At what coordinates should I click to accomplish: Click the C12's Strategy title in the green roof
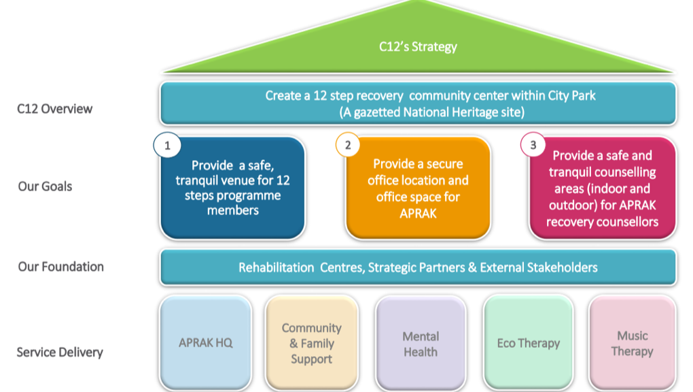pyautogui.click(x=418, y=47)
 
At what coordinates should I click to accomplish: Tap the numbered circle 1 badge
pyautogui.click(x=167, y=145)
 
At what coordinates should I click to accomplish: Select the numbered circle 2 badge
pyautogui.click(x=348, y=145)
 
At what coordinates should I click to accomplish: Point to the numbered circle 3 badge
pyautogui.click(x=533, y=145)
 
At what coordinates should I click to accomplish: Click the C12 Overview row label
pyautogui.click(x=55, y=109)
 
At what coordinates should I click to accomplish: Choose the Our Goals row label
pyautogui.click(x=45, y=186)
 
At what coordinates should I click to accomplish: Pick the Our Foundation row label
pyautogui.click(x=61, y=267)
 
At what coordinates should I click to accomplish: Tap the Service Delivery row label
pyautogui.click(x=60, y=353)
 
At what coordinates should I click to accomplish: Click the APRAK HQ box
pyautogui.click(x=205, y=342)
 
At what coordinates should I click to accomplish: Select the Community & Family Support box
pyautogui.click(x=311, y=343)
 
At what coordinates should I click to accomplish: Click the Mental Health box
pyautogui.click(x=421, y=344)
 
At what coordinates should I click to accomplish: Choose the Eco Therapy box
pyautogui.click(x=528, y=343)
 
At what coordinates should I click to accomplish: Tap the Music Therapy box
pyautogui.click(x=632, y=343)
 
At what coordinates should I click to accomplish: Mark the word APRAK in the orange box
pyautogui.click(x=418, y=213)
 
